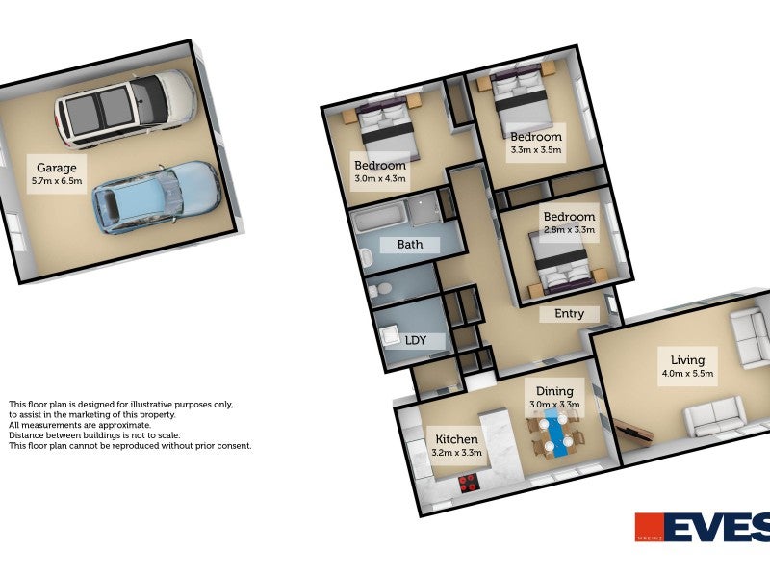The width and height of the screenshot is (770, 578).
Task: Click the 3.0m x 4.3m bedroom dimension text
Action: pos(380,178)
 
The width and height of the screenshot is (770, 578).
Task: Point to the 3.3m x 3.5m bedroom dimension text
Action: pos(535,150)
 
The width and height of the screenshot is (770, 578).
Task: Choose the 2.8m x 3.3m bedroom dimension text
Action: pos(569,230)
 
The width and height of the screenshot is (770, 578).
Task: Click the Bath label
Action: pos(410,245)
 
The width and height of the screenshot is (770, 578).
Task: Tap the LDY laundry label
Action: pos(416,341)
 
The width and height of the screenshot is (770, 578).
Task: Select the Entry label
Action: pos(569,314)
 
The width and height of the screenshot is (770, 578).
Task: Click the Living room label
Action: pos(687,360)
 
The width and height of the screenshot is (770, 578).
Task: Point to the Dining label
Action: pos(554,391)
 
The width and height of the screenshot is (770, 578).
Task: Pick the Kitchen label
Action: pos(457,438)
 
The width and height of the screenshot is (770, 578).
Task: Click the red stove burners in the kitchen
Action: pos(470,483)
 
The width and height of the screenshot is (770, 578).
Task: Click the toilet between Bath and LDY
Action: pos(380,289)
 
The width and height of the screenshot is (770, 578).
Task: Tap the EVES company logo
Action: pos(702,528)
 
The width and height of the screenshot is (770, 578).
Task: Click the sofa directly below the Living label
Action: pos(713,417)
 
